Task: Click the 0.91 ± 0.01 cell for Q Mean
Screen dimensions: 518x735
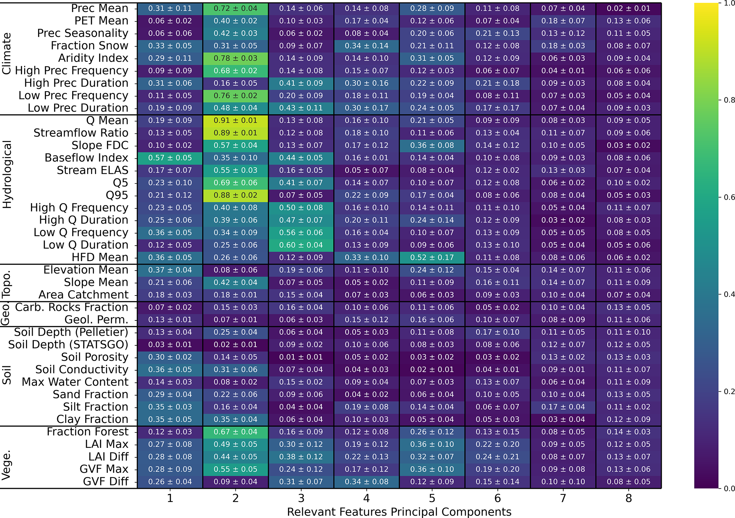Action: click(x=235, y=121)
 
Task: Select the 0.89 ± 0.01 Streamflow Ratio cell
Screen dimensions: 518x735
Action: click(x=235, y=133)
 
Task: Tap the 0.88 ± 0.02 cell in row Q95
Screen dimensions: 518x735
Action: click(x=235, y=195)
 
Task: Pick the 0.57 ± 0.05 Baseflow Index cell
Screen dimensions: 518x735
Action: click(x=170, y=158)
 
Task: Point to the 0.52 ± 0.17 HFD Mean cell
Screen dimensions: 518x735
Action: click(x=432, y=258)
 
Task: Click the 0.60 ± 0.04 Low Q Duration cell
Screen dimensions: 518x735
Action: click(x=301, y=245)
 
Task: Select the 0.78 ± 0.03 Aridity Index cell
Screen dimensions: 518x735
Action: click(x=235, y=58)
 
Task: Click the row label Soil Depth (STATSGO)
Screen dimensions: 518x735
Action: click(x=68, y=345)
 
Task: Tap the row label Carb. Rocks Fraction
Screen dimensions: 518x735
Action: click(x=71, y=307)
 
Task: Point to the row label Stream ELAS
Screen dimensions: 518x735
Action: click(x=92, y=171)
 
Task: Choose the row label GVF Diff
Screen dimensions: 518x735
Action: click(x=106, y=482)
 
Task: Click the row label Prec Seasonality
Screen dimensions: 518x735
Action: click(x=82, y=33)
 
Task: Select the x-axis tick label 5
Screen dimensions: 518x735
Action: click(x=432, y=498)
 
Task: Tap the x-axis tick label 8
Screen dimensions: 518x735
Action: click(x=629, y=498)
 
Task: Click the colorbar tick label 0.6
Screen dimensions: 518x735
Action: click(x=729, y=197)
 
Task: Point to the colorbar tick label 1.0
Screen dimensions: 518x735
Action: click(x=729, y=3)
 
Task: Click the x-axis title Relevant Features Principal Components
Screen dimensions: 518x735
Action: click(x=399, y=512)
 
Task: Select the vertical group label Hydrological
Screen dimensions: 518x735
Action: click(x=7, y=174)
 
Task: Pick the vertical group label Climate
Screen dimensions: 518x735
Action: click(x=7, y=53)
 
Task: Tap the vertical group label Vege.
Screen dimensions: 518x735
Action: click(x=7, y=465)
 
